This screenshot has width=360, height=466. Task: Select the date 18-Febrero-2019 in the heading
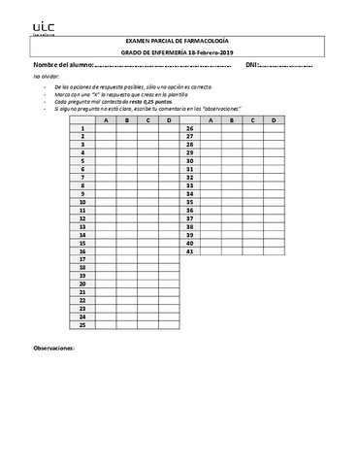point(221,51)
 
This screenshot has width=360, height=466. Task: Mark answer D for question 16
point(170,251)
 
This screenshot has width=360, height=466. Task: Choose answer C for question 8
point(147,185)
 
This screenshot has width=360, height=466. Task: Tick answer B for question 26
point(231,128)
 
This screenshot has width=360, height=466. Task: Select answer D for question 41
point(275,251)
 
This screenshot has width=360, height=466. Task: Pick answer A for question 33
point(210,185)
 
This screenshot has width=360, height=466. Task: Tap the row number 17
point(83,259)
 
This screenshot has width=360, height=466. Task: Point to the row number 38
point(189,226)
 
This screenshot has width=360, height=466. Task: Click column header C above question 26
point(252,120)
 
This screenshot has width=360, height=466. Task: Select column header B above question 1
point(126,120)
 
